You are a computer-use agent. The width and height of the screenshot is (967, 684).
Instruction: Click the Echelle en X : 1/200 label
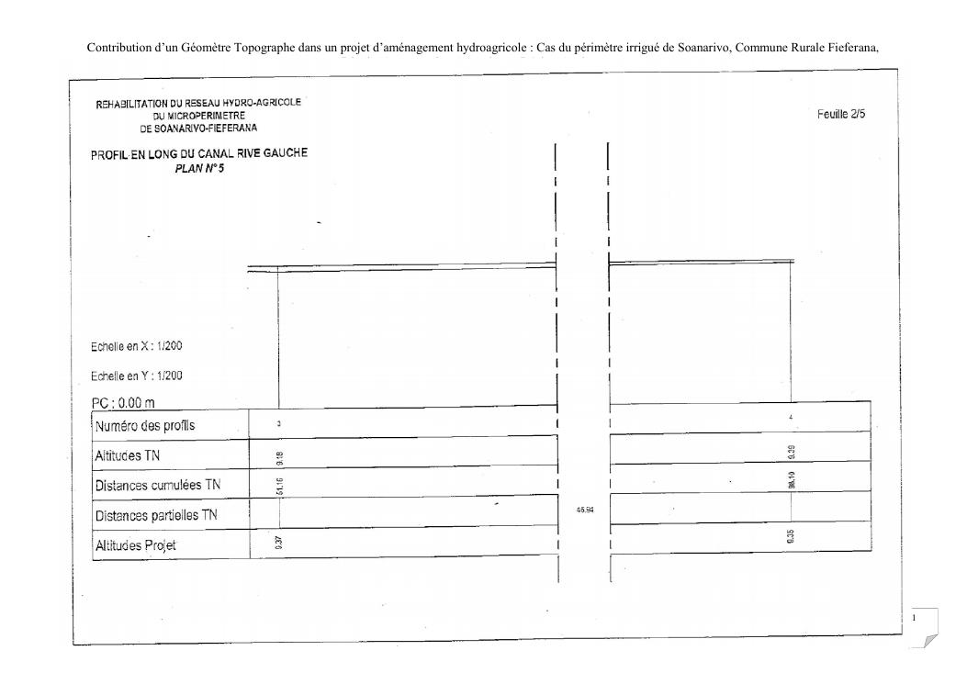pos(138,347)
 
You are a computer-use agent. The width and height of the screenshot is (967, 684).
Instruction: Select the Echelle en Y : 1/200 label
pos(138,376)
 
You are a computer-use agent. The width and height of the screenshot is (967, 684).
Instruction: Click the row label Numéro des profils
pos(145,426)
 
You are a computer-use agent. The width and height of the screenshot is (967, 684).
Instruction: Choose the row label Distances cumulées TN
pos(158,485)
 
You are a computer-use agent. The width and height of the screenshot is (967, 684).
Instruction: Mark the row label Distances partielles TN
pos(158,515)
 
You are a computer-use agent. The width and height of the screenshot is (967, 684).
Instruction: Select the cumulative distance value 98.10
pos(793,477)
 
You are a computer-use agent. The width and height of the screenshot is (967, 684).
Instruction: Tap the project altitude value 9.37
pos(278,544)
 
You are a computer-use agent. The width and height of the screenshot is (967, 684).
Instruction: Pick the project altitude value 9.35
pos(792,537)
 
